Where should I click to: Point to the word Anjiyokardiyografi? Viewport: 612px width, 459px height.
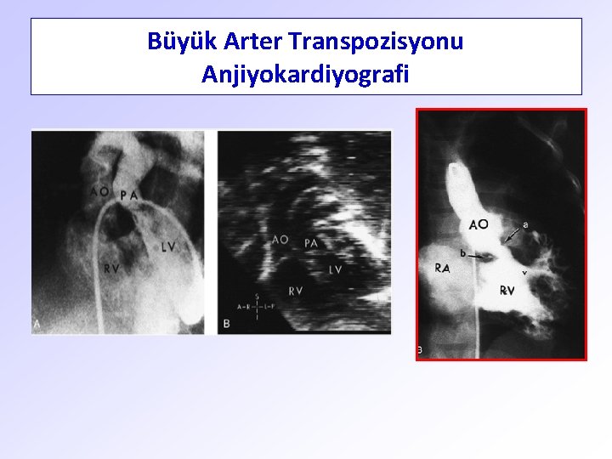tap(305, 75)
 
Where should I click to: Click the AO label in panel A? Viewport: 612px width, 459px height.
tap(99, 192)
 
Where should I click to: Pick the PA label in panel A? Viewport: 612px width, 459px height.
tap(129, 195)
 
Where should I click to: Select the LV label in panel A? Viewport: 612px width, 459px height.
tap(168, 247)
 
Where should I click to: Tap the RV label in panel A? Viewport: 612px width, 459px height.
tap(111, 269)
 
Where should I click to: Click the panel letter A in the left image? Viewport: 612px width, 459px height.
tap(38, 323)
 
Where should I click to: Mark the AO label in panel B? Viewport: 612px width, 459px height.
tap(280, 241)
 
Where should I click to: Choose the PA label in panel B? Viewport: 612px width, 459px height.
tap(311, 244)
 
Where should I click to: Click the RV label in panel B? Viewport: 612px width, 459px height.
tap(296, 292)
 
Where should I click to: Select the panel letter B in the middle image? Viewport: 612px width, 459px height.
tap(226, 323)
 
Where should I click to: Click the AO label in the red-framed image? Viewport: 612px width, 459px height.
tap(478, 224)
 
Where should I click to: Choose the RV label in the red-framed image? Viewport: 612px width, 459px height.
tap(507, 291)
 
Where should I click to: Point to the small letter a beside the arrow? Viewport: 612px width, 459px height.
tap(525, 224)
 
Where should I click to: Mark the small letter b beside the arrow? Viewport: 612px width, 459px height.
tap(462, 252)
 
